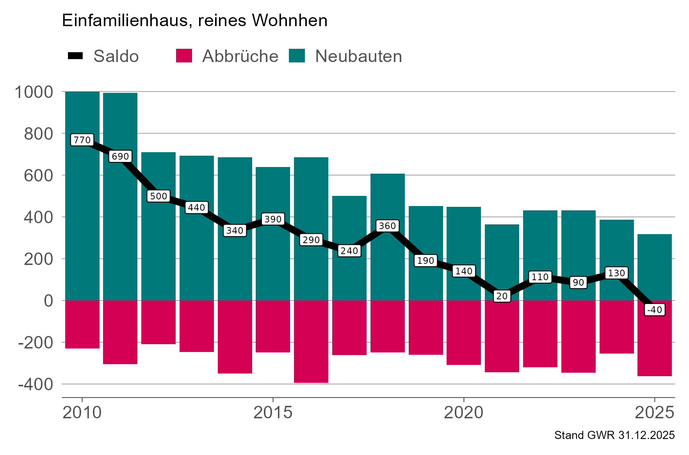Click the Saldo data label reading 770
pos(82,140)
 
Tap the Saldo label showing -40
pos(654,310)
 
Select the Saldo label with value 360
pos(387,226)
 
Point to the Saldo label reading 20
pos(502,296)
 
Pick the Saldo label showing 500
pos(158,196)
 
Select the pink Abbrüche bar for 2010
pos(82,324)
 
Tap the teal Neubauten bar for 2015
pos(273,195)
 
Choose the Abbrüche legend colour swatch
pos(184,56)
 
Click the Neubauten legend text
pos(358,56)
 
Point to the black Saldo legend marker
pos(75,56)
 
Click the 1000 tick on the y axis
pos(34,92)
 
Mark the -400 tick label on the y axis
pos(35,384)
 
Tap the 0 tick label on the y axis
pos(48,301)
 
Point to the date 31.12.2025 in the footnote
pos(646,435)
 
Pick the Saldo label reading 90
pos(578,282)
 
